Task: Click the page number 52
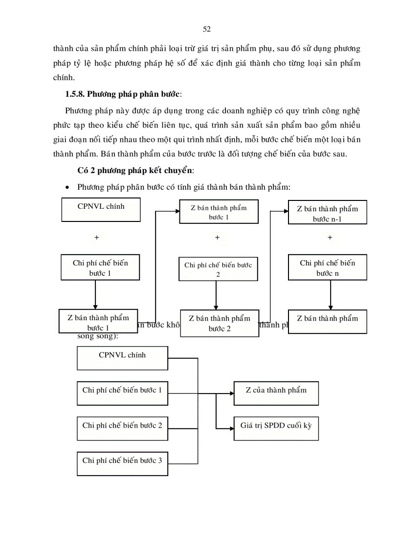206,29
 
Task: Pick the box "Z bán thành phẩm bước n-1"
327,214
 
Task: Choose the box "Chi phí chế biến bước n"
327,268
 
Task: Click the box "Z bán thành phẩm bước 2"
220,323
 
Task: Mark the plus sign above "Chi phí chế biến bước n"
330,238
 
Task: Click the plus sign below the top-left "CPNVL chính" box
96,238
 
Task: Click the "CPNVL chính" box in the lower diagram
122,358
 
